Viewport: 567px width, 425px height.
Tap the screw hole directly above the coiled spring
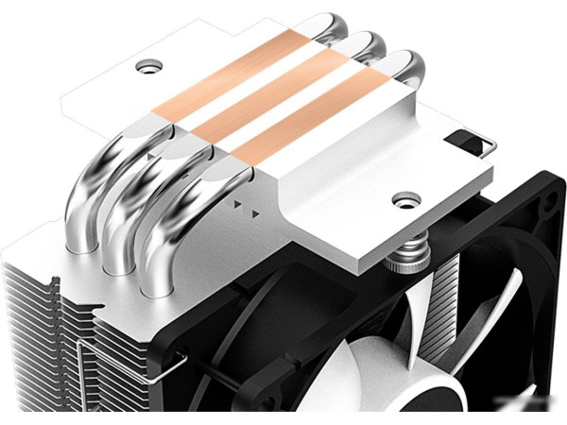tap(407, 200)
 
